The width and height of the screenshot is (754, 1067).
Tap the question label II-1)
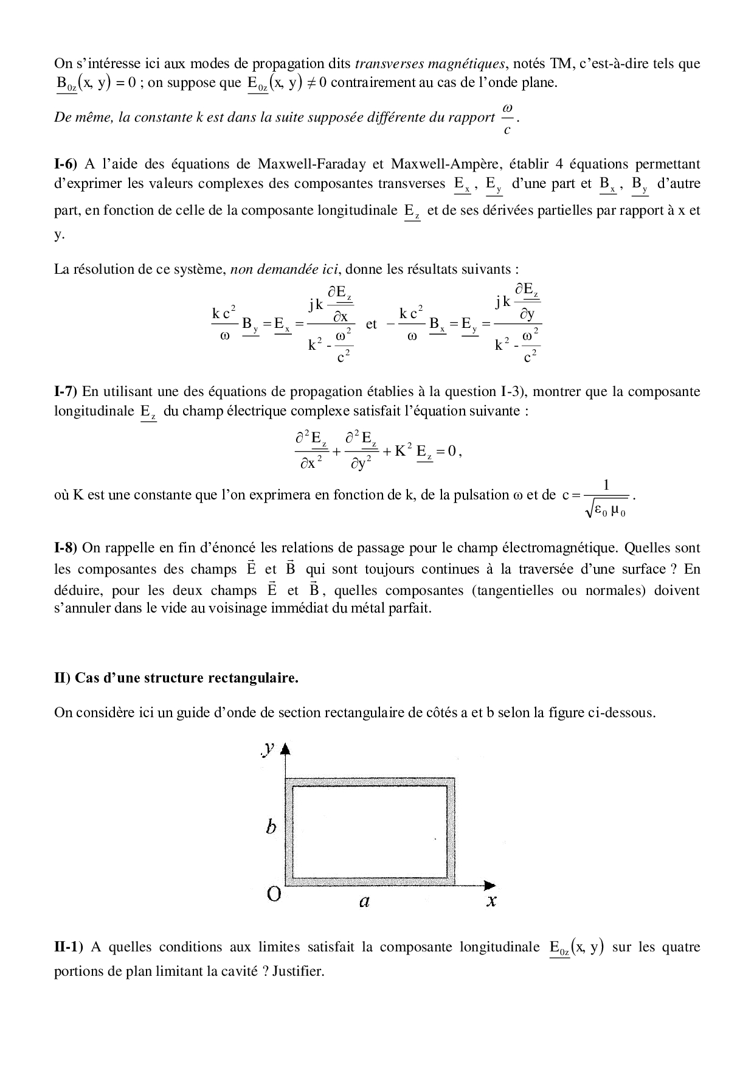pyautogui.click(x=69, y=947)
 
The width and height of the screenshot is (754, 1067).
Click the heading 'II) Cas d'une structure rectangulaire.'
pyautogui.click(x=176, y=678)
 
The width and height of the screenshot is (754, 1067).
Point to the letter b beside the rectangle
pyautogui.click(x=271, y=827)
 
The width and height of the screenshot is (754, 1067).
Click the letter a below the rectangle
pyautogui.click(x=364, y=902)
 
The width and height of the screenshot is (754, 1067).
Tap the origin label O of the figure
pyautogui.click(x=274, y=894)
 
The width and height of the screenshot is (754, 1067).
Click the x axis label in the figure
pyautogui.click(x=491, y=902)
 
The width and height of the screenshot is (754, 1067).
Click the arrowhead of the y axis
pyautogui.click(x=286, y=749)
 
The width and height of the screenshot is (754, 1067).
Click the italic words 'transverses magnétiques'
pyautogui.click(x=429, y=64)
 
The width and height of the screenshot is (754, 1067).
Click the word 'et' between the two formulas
pyautogui.click(x=372, y=324)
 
